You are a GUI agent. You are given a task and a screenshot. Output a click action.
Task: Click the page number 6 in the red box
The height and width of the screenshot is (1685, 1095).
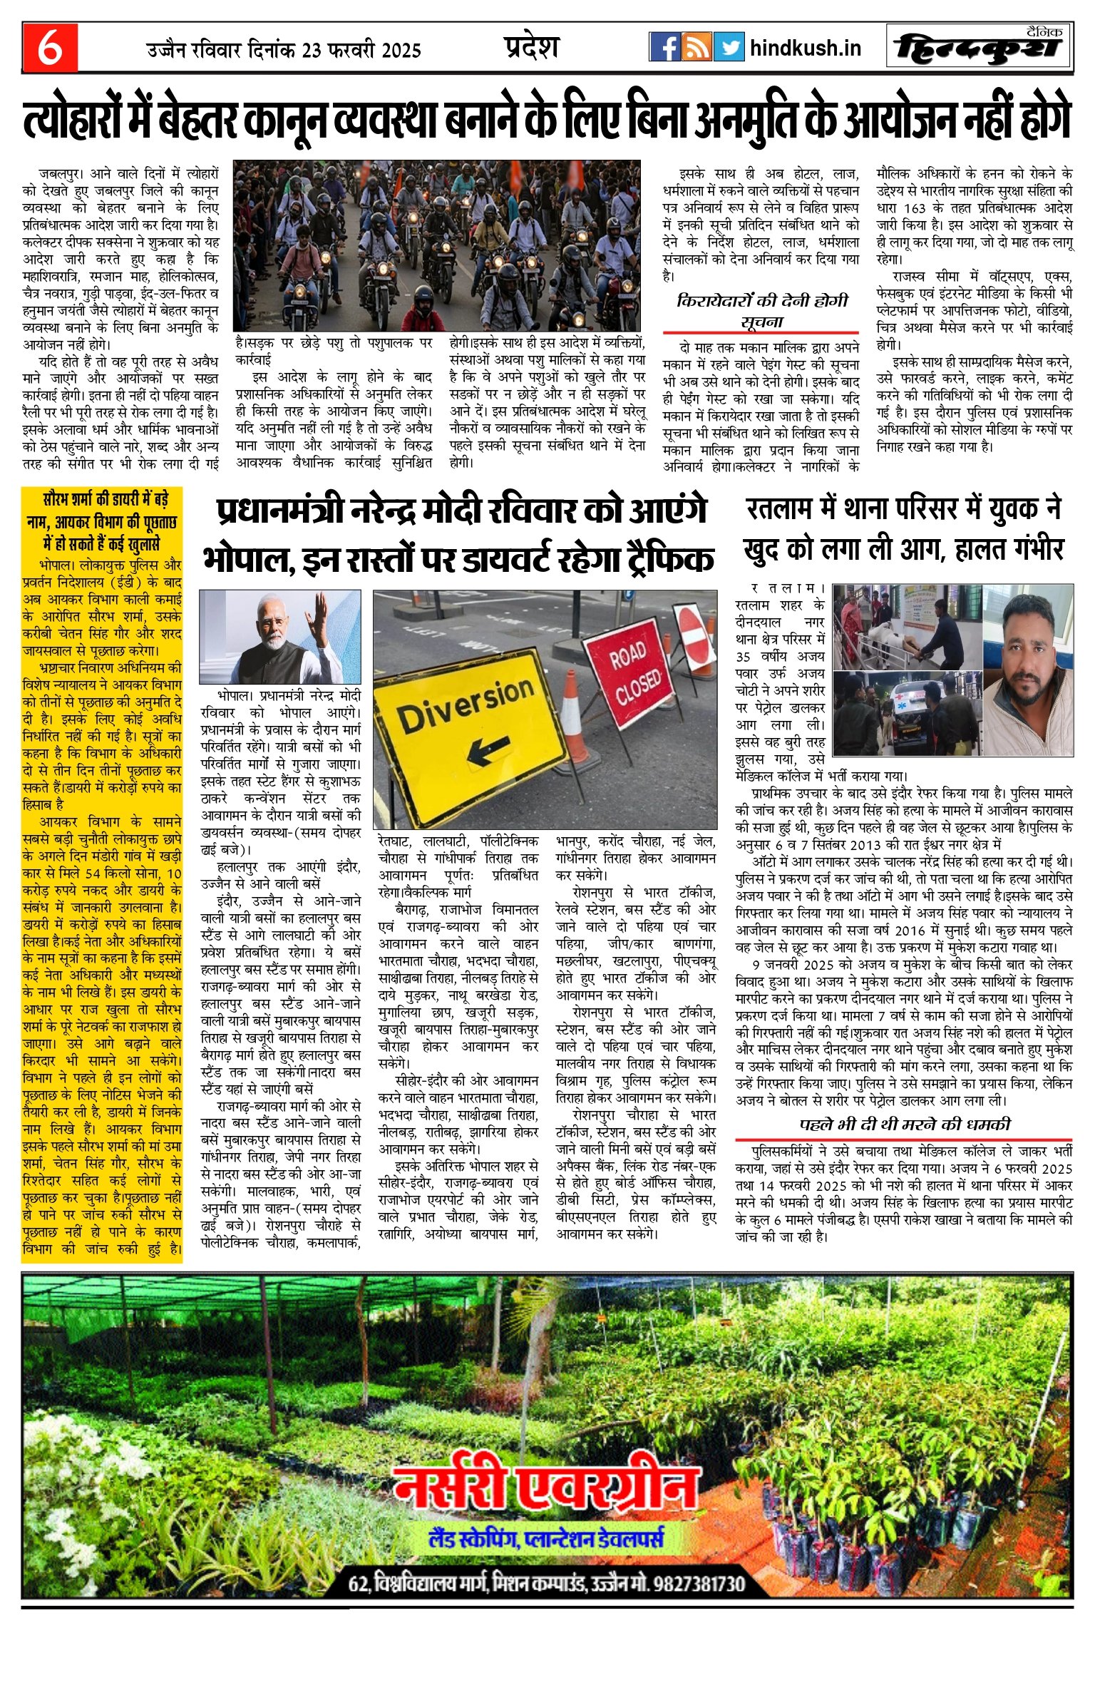pos(49,48)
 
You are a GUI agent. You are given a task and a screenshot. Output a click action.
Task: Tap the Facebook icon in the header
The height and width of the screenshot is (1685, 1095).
pos(664,47)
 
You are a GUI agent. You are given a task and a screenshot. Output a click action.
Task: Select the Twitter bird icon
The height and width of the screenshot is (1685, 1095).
pos(729,47)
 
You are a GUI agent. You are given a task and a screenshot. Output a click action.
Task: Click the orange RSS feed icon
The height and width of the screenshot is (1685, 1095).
pos(696,47)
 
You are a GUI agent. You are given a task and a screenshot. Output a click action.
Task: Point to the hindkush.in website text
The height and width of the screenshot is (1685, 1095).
pos(806,48)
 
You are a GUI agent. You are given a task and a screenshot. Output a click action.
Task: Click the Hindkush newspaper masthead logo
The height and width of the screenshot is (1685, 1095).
pos(979,48)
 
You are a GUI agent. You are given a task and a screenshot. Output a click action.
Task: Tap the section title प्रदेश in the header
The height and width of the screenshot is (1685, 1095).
pos(531,47)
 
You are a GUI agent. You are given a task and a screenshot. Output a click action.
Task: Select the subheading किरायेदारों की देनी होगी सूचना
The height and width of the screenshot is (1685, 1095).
pos(761,311)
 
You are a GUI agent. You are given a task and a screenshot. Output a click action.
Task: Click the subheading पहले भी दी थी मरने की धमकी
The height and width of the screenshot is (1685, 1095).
pos(905,1125)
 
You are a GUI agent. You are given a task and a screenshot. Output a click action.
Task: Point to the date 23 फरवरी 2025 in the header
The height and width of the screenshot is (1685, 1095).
pos(361,51)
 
